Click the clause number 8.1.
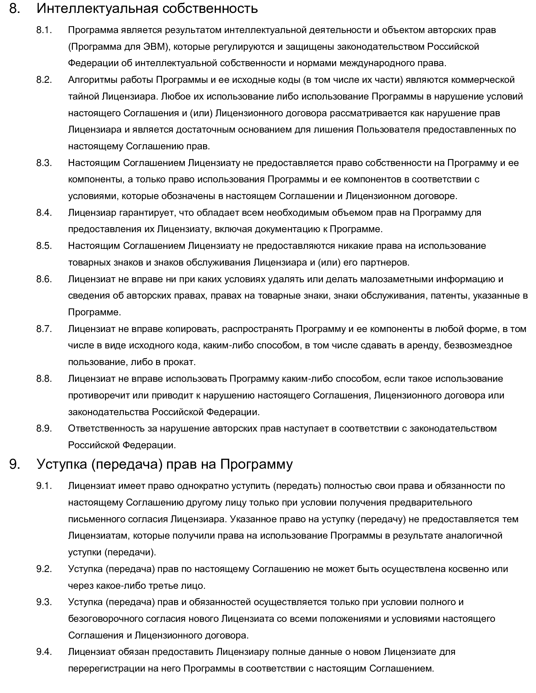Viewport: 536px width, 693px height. click(44, 30)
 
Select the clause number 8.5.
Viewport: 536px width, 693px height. click(44, 246)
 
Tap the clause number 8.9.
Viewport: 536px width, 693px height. click(44, 428)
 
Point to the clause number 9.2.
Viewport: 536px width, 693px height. click(44, 569)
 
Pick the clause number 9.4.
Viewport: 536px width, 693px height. click(44, 652)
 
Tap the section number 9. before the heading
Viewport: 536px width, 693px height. click(15, 464)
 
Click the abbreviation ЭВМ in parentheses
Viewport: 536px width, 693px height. click(154, 47)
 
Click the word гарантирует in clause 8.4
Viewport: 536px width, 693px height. click(148, 213)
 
